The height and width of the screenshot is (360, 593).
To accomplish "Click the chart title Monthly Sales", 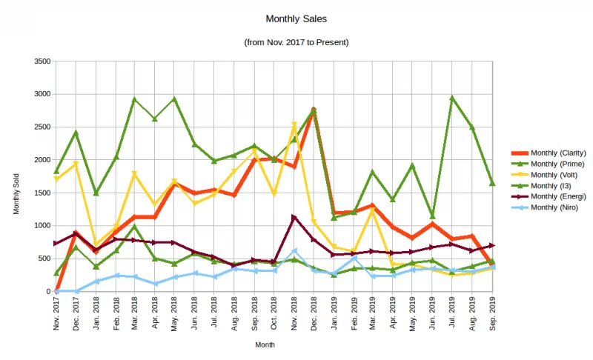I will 296,19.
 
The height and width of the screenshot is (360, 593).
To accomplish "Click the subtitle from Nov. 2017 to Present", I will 296,42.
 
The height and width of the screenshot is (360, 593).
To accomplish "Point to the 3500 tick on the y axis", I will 42,61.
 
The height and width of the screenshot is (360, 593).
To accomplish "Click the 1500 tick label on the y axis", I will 42,193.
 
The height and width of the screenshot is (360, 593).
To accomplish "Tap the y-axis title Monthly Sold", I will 16,193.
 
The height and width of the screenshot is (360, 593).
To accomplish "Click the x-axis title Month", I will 265,344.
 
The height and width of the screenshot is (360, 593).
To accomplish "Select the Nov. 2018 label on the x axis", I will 294,313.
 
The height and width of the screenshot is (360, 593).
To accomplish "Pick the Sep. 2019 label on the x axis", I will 493,313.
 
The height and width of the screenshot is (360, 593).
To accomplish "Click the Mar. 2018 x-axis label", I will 135,313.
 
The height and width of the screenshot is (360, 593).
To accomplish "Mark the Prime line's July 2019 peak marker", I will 452,99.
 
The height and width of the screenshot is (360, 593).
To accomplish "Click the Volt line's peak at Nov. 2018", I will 294,124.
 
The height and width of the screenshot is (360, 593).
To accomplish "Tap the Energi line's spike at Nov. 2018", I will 294,217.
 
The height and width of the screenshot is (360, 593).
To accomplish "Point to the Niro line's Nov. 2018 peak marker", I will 294,251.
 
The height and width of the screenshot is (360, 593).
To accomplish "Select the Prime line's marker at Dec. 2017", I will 76,133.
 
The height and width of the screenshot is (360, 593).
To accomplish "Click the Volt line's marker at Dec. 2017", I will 76,163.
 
